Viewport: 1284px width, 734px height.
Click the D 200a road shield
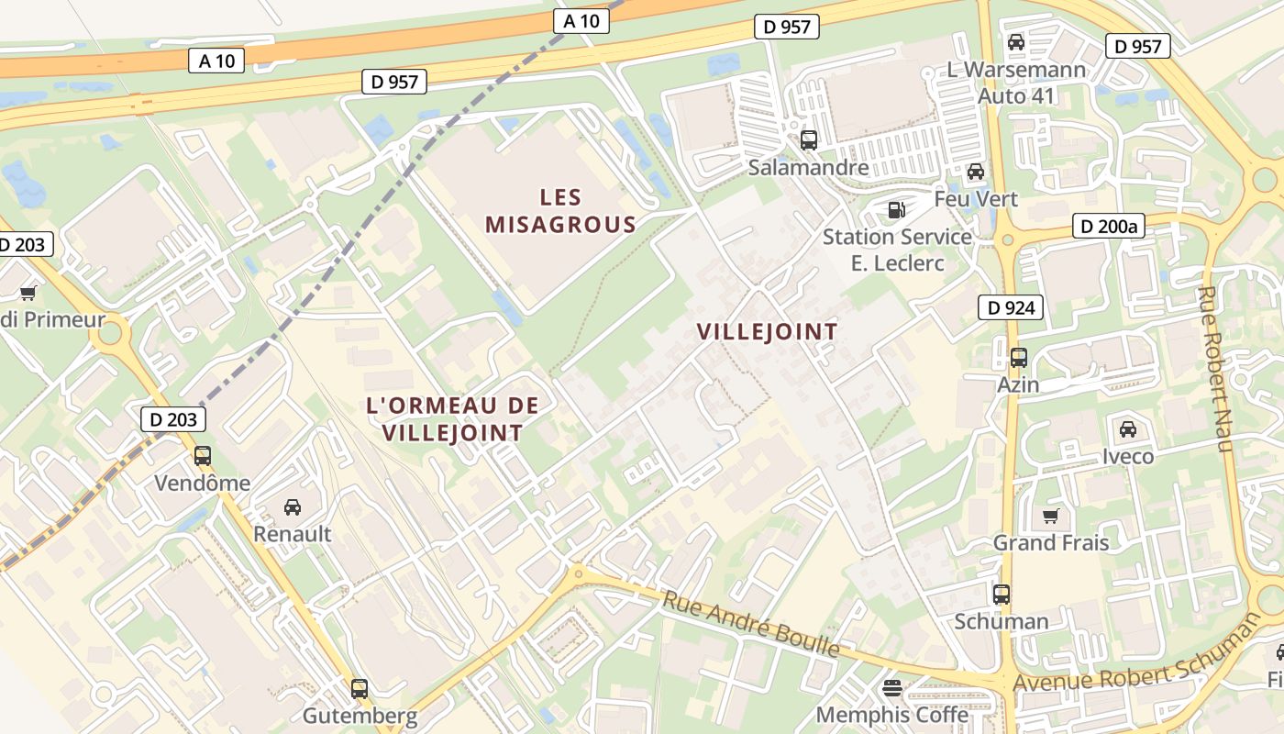click(x=1109, y=226)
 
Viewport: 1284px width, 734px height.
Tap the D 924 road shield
click(x=1012, y=307)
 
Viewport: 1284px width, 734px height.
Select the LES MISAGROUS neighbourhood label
click(x=560, y=210)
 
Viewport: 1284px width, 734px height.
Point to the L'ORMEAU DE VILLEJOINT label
click(x=452, y=418)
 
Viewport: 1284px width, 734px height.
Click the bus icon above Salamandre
click(x=808, y=140)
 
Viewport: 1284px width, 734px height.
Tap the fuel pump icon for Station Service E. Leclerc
click(x=894, y=210)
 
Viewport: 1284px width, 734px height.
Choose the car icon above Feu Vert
click(x=976, y=172)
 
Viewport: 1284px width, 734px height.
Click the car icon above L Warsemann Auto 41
click(x=1015, y=42)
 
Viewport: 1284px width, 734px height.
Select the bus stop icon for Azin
click(x=1018, y=358)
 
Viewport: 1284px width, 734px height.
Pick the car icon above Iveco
click(x=1127, y=428)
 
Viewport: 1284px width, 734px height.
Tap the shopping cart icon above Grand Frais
click(x=1050, y=516)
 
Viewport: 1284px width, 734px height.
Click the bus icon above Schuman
click(x=1001, y=595)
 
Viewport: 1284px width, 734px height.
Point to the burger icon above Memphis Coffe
click(x=891, y=687)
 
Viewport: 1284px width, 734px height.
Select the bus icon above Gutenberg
click(x=360, y=689)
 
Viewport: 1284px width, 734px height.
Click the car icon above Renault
click(x=292, y=506)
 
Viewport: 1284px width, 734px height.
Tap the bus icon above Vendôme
click(x=202, y=456)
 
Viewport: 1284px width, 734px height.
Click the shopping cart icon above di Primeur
click(x=28, y=294)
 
